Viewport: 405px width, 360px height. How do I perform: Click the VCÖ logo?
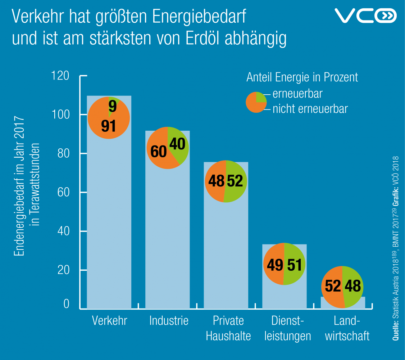pos(365,15)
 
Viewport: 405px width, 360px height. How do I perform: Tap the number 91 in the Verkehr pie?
pos(108,125)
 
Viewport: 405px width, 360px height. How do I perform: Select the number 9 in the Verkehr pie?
pos(113,106)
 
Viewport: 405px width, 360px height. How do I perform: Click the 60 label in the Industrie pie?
pos(158,152)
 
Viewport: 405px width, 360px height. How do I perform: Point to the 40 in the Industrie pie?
pos(177,144)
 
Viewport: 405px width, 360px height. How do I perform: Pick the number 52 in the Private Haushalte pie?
pos(235,181)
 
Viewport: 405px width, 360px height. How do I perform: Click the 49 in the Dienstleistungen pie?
pos(275,265)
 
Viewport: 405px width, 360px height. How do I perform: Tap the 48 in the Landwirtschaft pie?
pos(352,286)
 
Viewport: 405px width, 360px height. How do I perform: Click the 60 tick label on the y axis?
pos(63,192)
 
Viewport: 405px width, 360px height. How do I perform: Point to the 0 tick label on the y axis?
pos(66,305)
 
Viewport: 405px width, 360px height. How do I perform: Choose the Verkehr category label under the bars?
pos(109,320)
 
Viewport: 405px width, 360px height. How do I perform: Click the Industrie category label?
pos(169,320)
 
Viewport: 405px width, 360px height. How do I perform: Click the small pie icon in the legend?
pos(256,102)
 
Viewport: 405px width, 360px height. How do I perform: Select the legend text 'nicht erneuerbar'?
pos(310,108)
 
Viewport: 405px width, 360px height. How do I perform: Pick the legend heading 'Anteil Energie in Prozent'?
pos(302,77)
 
